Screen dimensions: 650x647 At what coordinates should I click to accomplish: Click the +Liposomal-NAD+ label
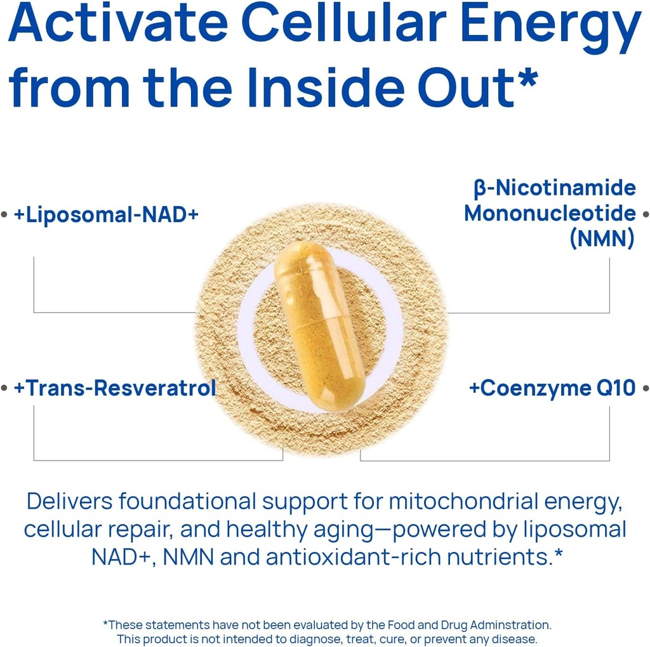point(106,214)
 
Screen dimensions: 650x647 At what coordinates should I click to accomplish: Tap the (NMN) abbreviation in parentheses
point(602,238)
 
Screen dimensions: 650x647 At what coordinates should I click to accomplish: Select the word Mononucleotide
point(550,213)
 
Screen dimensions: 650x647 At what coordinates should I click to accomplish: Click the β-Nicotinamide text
point(555,188)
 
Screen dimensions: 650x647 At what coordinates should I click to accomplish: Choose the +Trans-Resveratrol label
point(115,388)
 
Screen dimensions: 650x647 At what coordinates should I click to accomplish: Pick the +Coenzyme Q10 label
point(552,388)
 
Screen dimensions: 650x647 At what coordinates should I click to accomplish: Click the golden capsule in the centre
point(320,326)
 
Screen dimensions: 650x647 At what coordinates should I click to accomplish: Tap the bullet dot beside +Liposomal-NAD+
point(4,214)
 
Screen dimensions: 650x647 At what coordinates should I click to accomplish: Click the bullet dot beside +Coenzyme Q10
point(646,388)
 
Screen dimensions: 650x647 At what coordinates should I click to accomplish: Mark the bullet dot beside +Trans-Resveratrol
point(4,388)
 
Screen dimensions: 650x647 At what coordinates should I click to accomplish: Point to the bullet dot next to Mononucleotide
point(646,214)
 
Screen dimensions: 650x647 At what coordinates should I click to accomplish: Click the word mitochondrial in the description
point(463,501)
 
